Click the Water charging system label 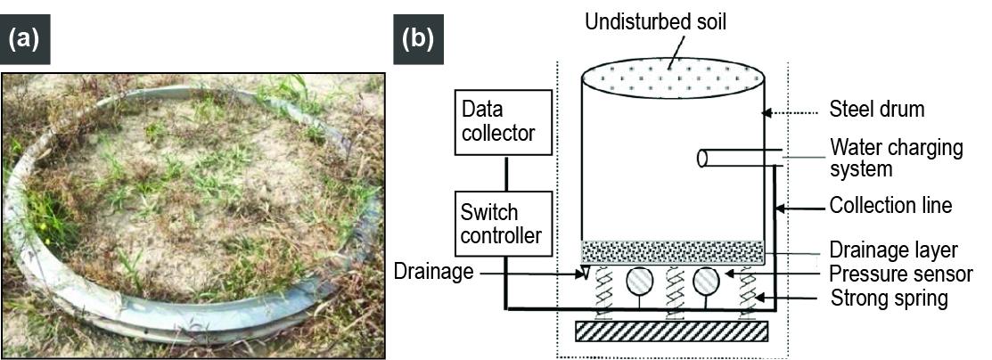tap(896, 157)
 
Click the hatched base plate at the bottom tap(672, 331)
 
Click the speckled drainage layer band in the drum tap(673, 252)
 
